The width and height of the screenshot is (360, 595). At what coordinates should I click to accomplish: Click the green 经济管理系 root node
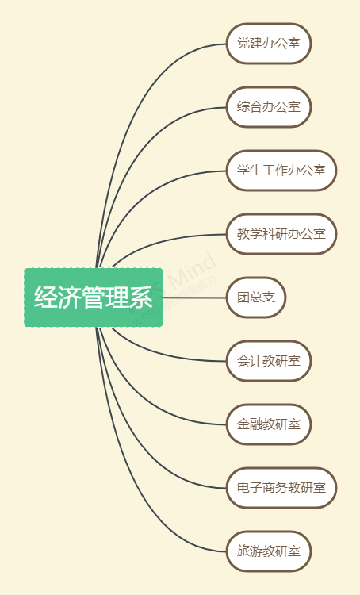point(94,297)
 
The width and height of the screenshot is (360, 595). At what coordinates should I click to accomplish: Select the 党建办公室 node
point(269,44)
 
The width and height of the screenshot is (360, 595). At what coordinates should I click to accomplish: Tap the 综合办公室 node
point(269,107)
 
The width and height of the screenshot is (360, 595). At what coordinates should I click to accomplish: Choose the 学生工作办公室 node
point(281,171)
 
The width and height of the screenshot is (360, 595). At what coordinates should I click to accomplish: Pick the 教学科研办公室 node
point(281,234)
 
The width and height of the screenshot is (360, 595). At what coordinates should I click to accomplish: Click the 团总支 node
point(256,297)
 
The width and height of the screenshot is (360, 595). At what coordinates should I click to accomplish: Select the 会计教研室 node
point(269,361)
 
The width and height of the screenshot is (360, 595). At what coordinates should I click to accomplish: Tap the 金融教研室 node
point(269,424)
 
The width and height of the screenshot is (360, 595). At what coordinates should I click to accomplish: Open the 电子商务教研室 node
point(281,488)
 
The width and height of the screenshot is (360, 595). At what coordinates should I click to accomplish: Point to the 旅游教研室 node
point(269,551)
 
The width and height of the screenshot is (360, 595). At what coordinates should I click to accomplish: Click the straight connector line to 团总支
point(195,297)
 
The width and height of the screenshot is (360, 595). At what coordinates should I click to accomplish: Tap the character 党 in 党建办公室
point(243,44)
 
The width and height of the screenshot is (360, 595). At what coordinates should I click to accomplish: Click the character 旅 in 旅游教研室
point(243,551)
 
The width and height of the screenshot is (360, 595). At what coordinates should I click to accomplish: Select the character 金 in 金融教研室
point(243,424)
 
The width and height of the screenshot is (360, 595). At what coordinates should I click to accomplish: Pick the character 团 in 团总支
point(243,297)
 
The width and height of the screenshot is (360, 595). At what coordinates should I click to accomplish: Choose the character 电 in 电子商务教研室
point(243,487)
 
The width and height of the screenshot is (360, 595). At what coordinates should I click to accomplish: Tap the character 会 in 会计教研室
point(243,360)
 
